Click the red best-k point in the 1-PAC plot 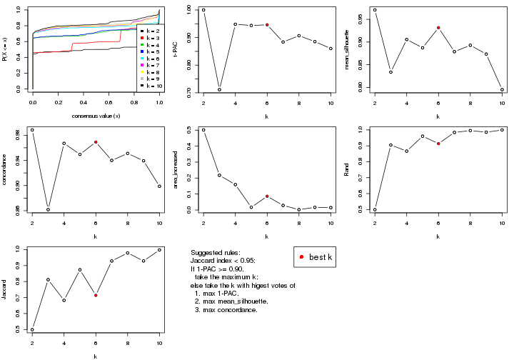[267, 25]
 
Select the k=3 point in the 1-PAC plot [219, 89]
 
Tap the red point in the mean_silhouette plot [438, 28]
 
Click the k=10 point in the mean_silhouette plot [502, 90]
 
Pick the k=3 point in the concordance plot [48, 209]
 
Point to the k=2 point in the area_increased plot [203, 130]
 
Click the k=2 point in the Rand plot [375, 209]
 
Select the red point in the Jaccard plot [96, 295]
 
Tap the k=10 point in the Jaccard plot [159, 250]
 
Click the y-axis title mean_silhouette [350, 50]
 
